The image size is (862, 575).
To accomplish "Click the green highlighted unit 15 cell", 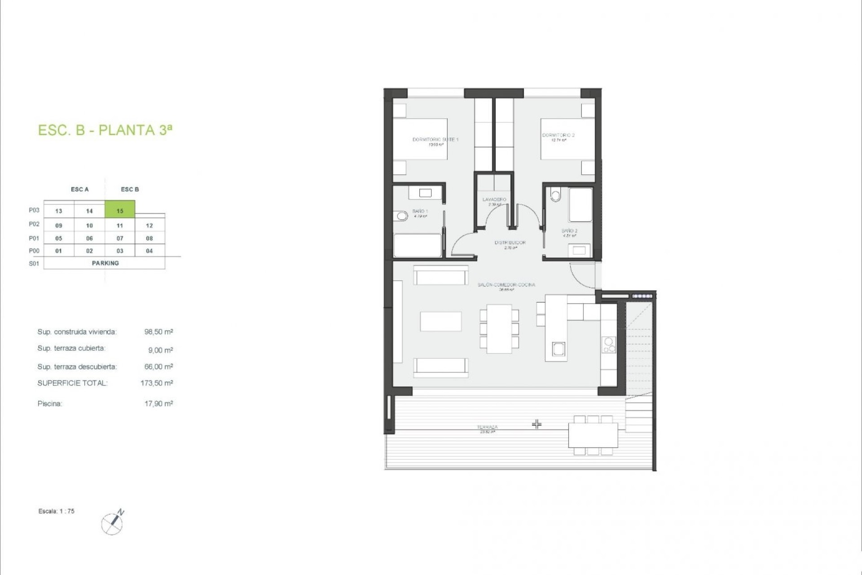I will pos(120,210).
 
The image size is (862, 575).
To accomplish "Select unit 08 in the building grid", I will pos(150,238).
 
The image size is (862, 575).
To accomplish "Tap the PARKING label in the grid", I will pos(105,263).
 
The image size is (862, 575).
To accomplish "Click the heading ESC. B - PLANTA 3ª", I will pos(105,130).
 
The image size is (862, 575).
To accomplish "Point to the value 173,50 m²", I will pos(157,383).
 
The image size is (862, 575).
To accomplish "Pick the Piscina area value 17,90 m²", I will pos(158,404).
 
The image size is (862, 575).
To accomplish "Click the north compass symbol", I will pos(113,523).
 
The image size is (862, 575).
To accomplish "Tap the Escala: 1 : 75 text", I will pos(57,511).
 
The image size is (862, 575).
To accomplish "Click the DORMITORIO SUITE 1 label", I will pos(435,140).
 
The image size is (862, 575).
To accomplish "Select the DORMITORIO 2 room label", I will pos(558,135).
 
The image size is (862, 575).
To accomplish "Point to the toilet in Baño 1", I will pos(401,217).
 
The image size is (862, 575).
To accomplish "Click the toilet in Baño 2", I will pos(556,195).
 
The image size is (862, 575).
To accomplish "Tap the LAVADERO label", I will pos(494,199).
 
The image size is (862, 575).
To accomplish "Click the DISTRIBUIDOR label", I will pos(510,243).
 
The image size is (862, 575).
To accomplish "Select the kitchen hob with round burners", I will pos(609,345).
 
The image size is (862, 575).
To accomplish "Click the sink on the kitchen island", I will pos(559,349).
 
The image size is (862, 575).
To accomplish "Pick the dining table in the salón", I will pos(499,329).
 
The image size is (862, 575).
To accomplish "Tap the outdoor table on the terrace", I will pos(593,435).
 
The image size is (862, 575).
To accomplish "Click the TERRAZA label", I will pos(487,427).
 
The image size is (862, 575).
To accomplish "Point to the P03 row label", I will pos(34,210).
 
